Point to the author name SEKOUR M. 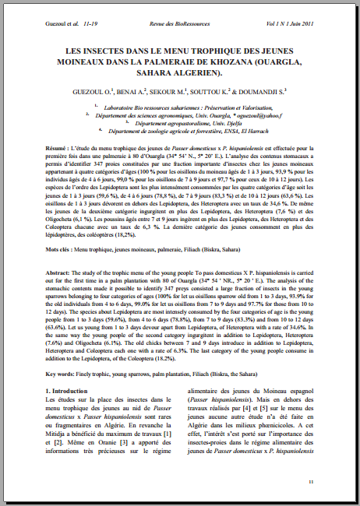pyautogui.click(x=182, y=92)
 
